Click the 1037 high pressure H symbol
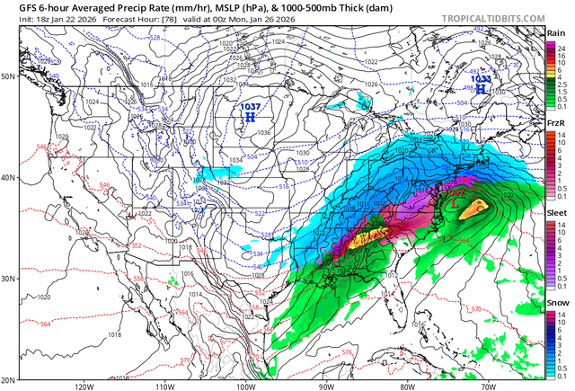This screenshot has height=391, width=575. (x=250, y=117)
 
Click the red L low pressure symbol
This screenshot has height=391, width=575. (x=455, y=202)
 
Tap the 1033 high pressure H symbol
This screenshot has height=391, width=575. (x=481, y=89)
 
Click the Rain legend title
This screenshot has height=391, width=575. (x=557, y=33)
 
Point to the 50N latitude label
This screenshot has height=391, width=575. (x=8, y=76)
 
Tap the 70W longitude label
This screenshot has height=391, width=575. (x=486, y=387)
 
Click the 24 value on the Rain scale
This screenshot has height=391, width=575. (x=561, y=44)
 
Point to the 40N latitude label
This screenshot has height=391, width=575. (x=8, y=177)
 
